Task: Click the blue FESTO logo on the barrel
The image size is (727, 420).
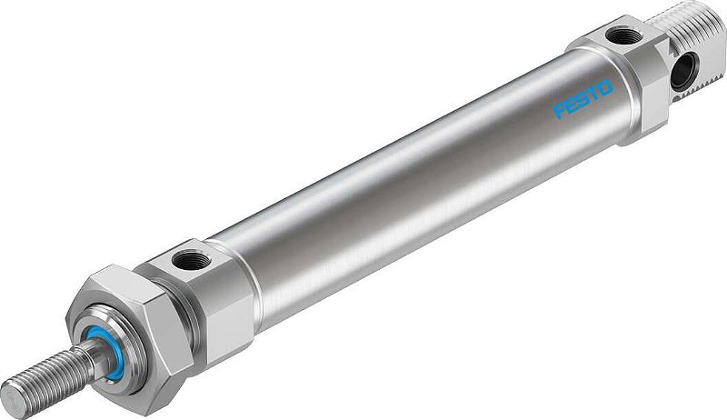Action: coord(583,99)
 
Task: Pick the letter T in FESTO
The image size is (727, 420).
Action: coord(593,93)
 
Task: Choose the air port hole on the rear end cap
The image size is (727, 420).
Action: coord(623,35)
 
